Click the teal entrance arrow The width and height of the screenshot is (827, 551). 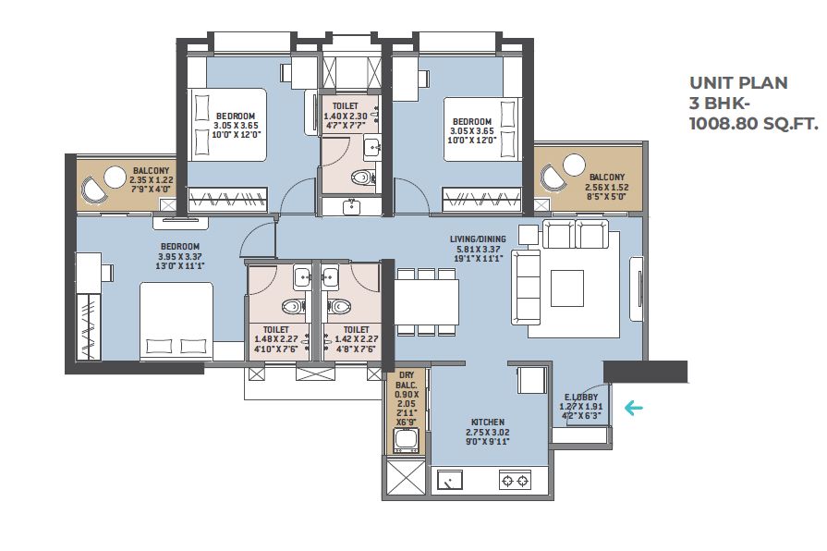633,408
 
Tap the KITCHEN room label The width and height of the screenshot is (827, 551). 488,422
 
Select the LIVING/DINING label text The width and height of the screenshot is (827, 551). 478,239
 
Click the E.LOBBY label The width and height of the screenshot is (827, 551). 581,397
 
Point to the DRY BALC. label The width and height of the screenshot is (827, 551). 407,380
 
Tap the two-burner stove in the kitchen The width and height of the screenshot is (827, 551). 515,481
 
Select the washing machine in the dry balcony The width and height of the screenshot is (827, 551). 407,441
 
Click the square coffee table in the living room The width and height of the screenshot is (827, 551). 567,288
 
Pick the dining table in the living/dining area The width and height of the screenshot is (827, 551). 427,302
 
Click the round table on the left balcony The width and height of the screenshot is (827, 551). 114,178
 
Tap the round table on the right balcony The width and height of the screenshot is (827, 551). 574,165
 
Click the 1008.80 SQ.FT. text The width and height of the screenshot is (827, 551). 754,124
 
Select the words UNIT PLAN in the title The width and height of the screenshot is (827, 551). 738,83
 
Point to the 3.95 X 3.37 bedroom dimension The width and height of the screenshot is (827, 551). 180,256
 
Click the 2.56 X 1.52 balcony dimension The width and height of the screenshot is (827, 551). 606,187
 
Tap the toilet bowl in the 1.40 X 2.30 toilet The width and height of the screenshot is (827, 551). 360,177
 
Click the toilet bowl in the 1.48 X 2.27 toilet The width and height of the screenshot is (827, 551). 293,306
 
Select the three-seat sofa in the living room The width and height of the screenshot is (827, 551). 526,288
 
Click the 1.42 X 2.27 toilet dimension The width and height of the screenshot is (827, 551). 356,339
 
